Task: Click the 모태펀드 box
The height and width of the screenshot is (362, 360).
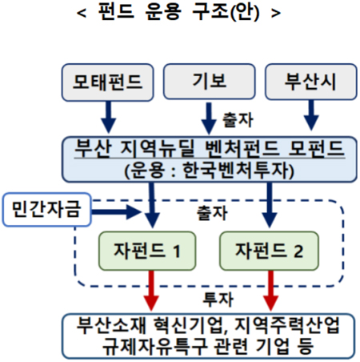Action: [x=108, y=82]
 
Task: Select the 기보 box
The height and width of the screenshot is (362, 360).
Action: [x=210, y=82]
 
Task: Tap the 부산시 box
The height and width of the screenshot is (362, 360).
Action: [x=311, y=82]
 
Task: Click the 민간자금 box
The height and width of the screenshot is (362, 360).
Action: [x=47, y=210]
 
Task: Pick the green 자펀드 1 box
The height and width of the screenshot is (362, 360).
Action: [x=147, y=251]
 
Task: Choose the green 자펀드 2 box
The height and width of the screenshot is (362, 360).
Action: [x=269, y=251]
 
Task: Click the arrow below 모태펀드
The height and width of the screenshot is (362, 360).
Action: [x=108, y=117]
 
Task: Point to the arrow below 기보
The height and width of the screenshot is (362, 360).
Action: [x=209, y=119]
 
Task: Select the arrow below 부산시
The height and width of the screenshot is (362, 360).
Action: [x=311, y=115]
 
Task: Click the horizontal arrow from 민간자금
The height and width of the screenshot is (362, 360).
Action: [x=116, y=212]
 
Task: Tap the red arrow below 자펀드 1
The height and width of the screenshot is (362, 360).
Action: [x=151, y=291]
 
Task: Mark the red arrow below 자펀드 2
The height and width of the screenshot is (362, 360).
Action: [x=271, y=291]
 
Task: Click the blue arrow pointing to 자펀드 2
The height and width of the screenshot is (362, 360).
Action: [x=270, y=205]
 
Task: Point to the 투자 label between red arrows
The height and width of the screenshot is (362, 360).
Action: [x=218, y=300]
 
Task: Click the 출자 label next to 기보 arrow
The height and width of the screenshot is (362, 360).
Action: [x=238, y=120]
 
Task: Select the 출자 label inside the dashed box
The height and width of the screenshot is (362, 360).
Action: [x=212, y=213]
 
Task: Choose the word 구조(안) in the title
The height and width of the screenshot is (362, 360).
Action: [x=226, y=12]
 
